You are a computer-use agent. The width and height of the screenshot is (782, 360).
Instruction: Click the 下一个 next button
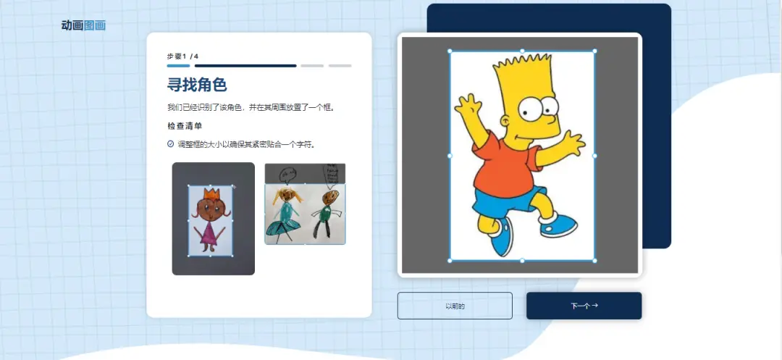point(584,306)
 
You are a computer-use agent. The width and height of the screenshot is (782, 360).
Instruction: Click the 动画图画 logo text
point(83,25)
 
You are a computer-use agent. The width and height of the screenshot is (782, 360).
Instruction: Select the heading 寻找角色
point(197,85)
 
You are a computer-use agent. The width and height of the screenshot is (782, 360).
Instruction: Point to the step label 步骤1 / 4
point(182,56)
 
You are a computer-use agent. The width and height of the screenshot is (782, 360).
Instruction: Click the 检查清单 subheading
point(185,125)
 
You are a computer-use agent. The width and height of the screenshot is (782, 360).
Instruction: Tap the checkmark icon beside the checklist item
point(171,144)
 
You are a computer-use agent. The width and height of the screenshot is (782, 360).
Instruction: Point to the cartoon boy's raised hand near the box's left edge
point(467,106)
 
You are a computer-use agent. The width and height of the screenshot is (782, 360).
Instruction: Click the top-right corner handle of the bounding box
point(594,51)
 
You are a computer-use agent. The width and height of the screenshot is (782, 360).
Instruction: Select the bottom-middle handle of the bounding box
point(522,260)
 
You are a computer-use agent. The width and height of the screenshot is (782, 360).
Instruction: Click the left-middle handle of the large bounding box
point(450,156)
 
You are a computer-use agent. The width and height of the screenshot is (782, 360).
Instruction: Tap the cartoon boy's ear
point(506,121)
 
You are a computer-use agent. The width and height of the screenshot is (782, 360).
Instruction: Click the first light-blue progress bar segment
point(179,65)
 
